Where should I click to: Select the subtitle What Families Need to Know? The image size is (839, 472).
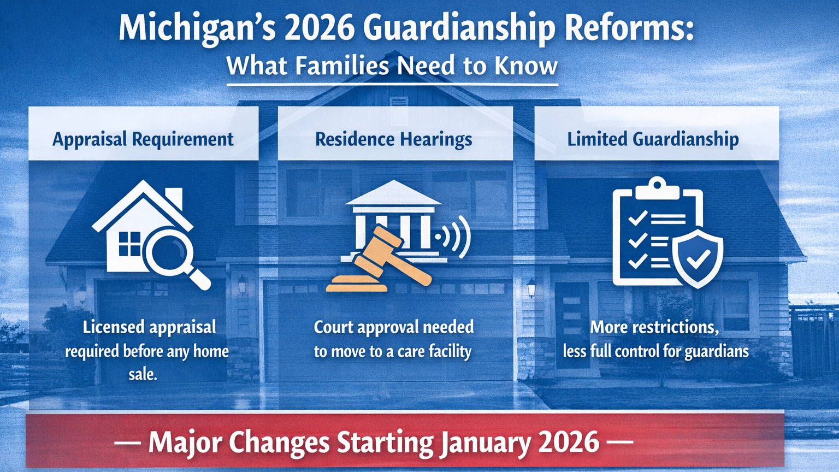click(x=392, y=66)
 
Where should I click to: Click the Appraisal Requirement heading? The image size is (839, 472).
click(x=143, y=139)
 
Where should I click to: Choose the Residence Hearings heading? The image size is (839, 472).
click(x=394, y=139)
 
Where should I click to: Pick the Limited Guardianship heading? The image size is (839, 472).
click(x=653, y=139)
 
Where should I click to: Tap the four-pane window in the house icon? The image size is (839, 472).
click(x=129, y=244)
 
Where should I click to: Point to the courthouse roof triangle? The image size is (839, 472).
click(x=393, y=194)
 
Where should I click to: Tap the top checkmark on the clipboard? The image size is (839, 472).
click(x=637, y=219)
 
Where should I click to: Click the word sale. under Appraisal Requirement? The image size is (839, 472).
click(x=143, y=374)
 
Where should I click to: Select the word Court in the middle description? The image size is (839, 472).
click(x=334, y=327)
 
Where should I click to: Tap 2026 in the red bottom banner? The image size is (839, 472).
click(x=569, y=442)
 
